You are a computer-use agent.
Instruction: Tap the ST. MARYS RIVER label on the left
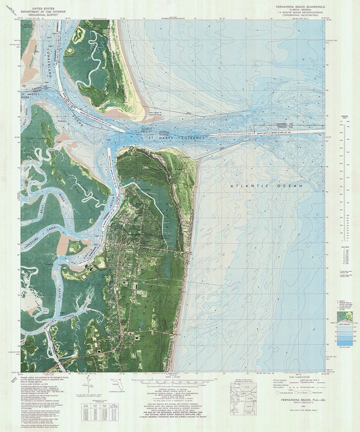pos(29,96)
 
